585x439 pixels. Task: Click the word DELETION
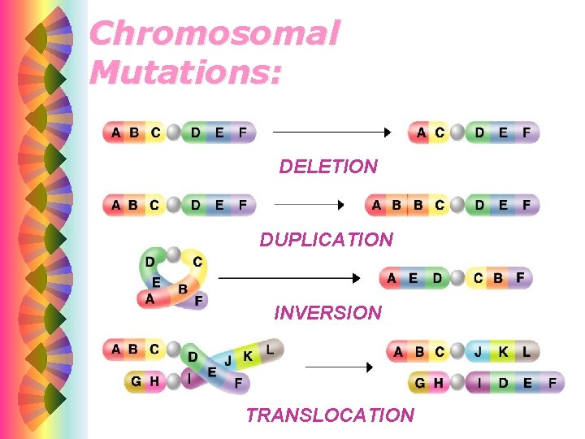(x=328, y=167)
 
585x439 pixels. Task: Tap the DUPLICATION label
(x=326, y=240)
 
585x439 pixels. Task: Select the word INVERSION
(x=327, y=312)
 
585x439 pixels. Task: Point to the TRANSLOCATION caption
(x=329, y=415)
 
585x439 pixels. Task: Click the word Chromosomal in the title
(x=214, y=33)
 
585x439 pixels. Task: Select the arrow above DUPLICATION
(x=312, y=205)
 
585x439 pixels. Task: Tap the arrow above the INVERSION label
(x=289, y=278)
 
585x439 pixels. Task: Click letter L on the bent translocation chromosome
(x=270, y=349)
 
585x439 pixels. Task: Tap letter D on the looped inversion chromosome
(x=150, y=261)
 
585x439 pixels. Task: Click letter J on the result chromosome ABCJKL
(x=480, y=352)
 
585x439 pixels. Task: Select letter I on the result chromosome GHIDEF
(x=480, y=382)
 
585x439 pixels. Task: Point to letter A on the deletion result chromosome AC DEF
(x=421, y=132)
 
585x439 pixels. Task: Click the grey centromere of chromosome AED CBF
(x=457, y=279)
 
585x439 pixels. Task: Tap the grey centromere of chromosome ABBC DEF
(x=459, y=205)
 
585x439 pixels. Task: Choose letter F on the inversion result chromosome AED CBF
(x=519, y=278)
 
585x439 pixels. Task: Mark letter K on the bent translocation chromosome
(x=248, y=355)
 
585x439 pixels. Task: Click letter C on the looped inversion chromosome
(x=197, y=262)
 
